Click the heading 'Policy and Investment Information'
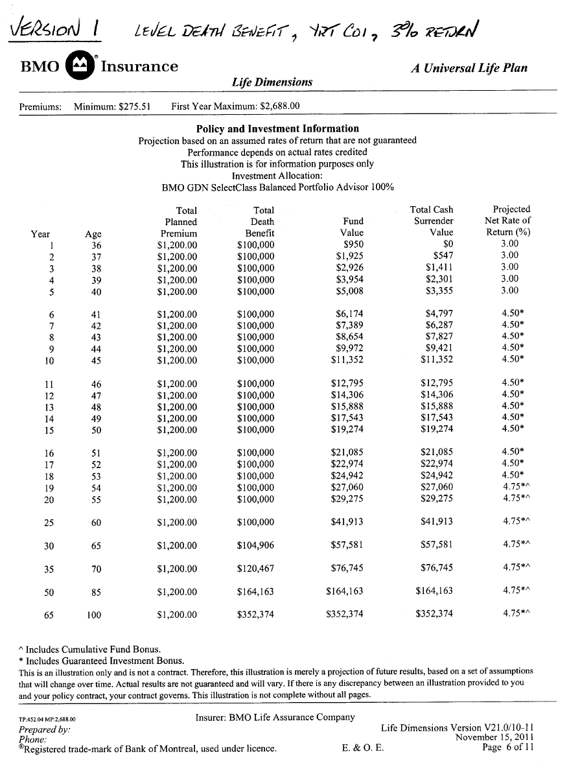tap(277, 128)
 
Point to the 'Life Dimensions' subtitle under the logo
tap(272, 82)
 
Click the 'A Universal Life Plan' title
tap(469, 67)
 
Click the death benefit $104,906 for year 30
tap(256, 546)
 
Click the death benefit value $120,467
tap(256, 569)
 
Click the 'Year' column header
tap(40, 233)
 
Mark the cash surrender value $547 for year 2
tap(443, 256)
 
